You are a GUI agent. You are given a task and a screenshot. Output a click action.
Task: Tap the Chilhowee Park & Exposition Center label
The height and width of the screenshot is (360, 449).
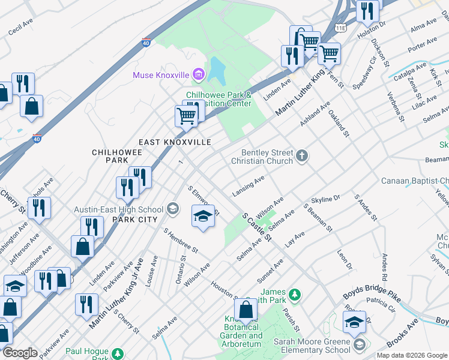[218, 99]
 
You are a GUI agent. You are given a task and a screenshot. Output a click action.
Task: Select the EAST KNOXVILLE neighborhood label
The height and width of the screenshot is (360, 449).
[175, 142]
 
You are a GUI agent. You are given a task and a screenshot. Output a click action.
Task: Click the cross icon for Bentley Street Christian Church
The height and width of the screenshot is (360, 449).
[301, 157]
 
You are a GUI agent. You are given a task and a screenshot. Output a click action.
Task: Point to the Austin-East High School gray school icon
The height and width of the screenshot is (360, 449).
[173, 209]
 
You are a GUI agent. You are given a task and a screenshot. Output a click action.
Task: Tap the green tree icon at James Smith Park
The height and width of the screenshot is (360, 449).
[294, 295]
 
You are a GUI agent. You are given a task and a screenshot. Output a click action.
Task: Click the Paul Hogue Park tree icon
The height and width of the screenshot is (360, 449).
[118, 353]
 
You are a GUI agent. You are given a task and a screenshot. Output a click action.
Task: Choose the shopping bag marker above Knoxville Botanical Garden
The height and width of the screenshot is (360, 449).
[246, 311]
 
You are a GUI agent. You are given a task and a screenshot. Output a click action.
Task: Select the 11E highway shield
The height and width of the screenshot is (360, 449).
[341, 28]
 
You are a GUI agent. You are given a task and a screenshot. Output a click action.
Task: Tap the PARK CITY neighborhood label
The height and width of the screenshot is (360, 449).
[133, 220]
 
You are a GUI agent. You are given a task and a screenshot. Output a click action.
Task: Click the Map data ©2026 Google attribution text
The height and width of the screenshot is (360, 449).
[412, 355]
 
